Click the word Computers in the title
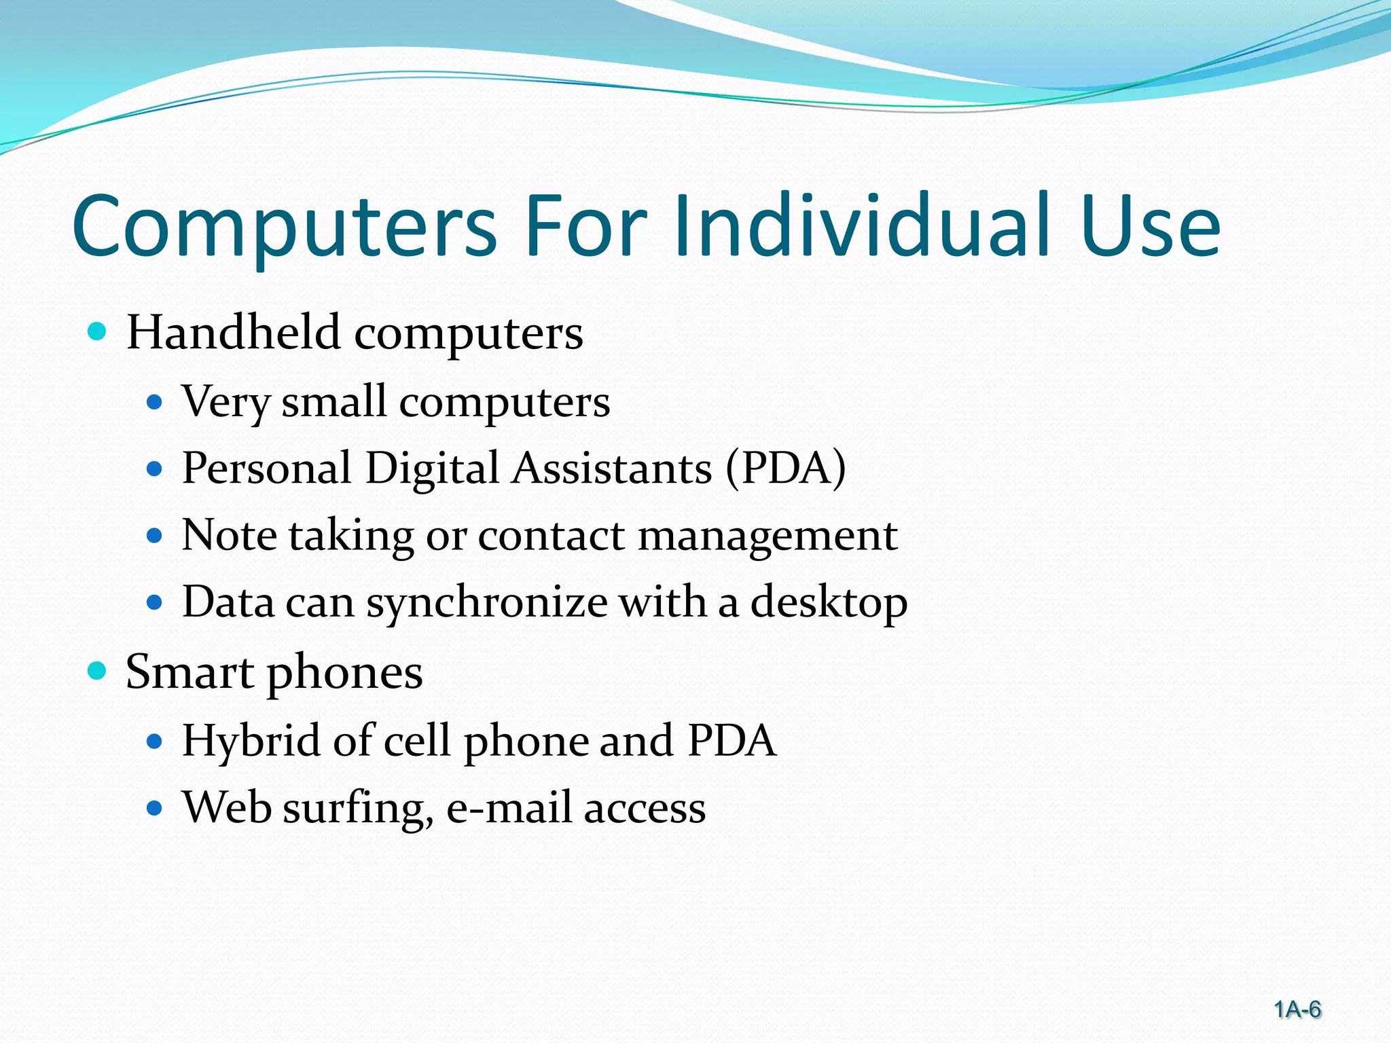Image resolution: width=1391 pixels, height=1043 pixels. pyautogui.click(x=285, y=227)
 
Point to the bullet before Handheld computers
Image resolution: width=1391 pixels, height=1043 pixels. pyautogui.click(x=98, y=332)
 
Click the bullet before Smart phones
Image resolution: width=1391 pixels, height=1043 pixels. pyautogui.click(x=98, y=671)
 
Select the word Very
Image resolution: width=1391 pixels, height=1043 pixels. pyautogui.click(x=225, y=402)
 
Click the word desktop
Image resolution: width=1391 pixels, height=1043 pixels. pyautogui.click(x=829, y=603)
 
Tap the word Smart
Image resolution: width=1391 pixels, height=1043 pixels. pyautogui.click(x=189, y=672)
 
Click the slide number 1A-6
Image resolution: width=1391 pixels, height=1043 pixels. pyautogui.click(x=1297, y=1010)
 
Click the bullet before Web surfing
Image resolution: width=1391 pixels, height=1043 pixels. pyautogui.click(x=156, y=808)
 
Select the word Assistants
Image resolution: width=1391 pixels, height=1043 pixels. pyautogui.click(x=612, y=469)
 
